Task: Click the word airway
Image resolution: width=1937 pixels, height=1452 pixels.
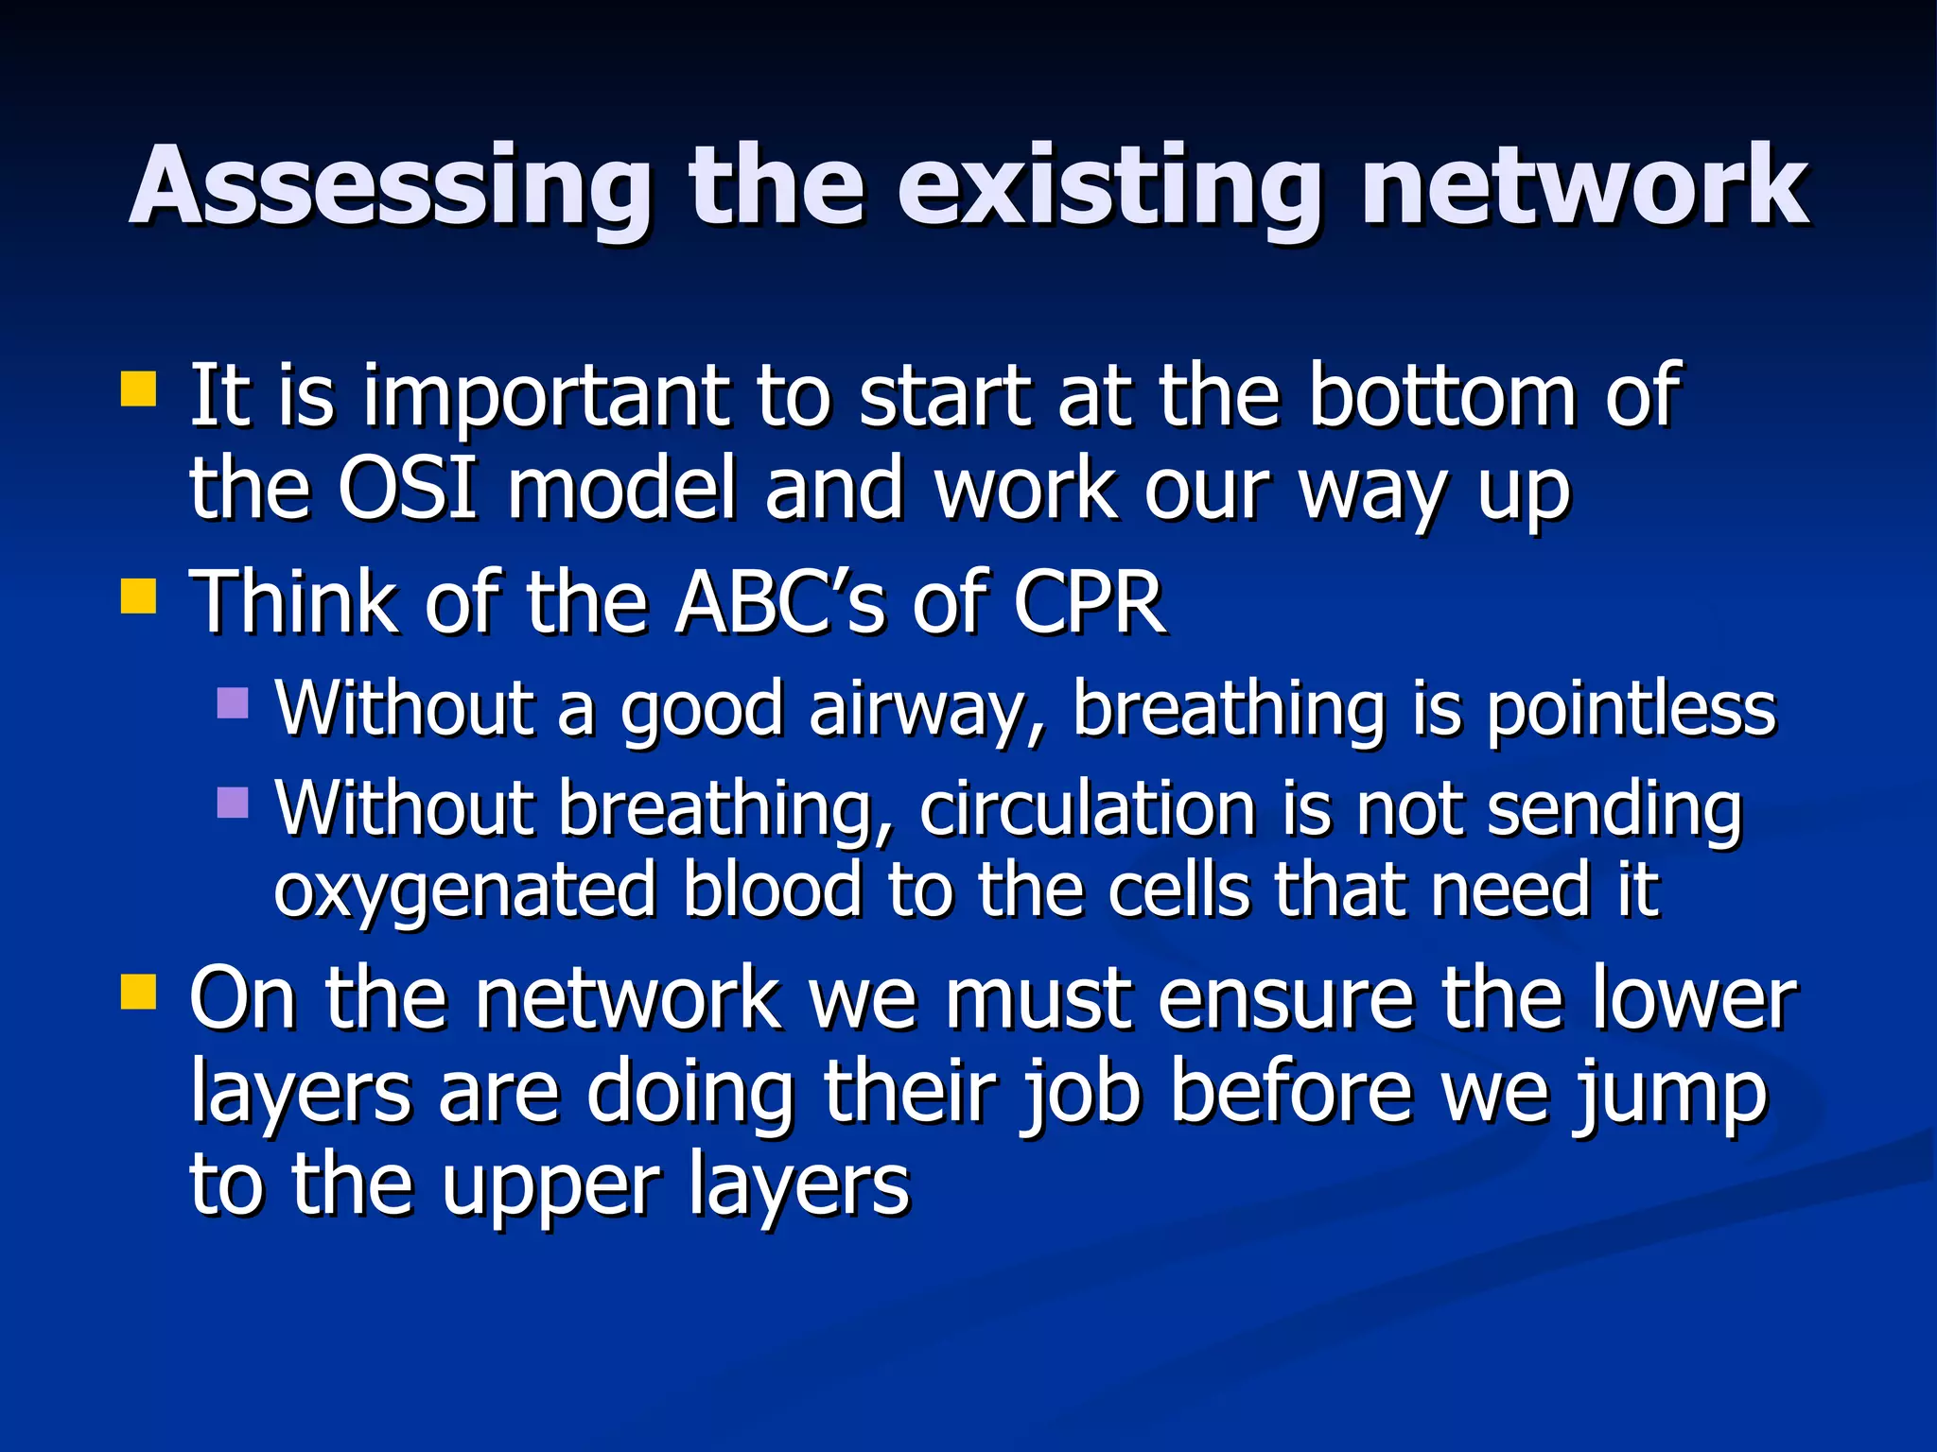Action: click(926, 710)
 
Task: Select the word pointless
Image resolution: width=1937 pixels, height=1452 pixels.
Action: click(1632, 710)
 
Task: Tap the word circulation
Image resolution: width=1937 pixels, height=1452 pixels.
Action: click(1087, 810)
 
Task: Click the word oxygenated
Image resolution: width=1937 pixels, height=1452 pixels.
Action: click(464, 891)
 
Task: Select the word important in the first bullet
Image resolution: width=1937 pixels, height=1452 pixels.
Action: click(548, 397)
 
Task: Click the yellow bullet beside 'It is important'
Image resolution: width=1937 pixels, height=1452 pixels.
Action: click(139, 389)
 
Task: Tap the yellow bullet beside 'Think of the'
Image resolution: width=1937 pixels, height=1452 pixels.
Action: click(139, 596)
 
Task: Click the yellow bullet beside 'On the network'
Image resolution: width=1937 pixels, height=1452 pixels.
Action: click(139, 993)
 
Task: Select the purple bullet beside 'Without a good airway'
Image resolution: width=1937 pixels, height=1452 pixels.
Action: click(233, 702)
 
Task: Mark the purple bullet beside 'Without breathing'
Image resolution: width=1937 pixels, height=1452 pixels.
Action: click(233, 803)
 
